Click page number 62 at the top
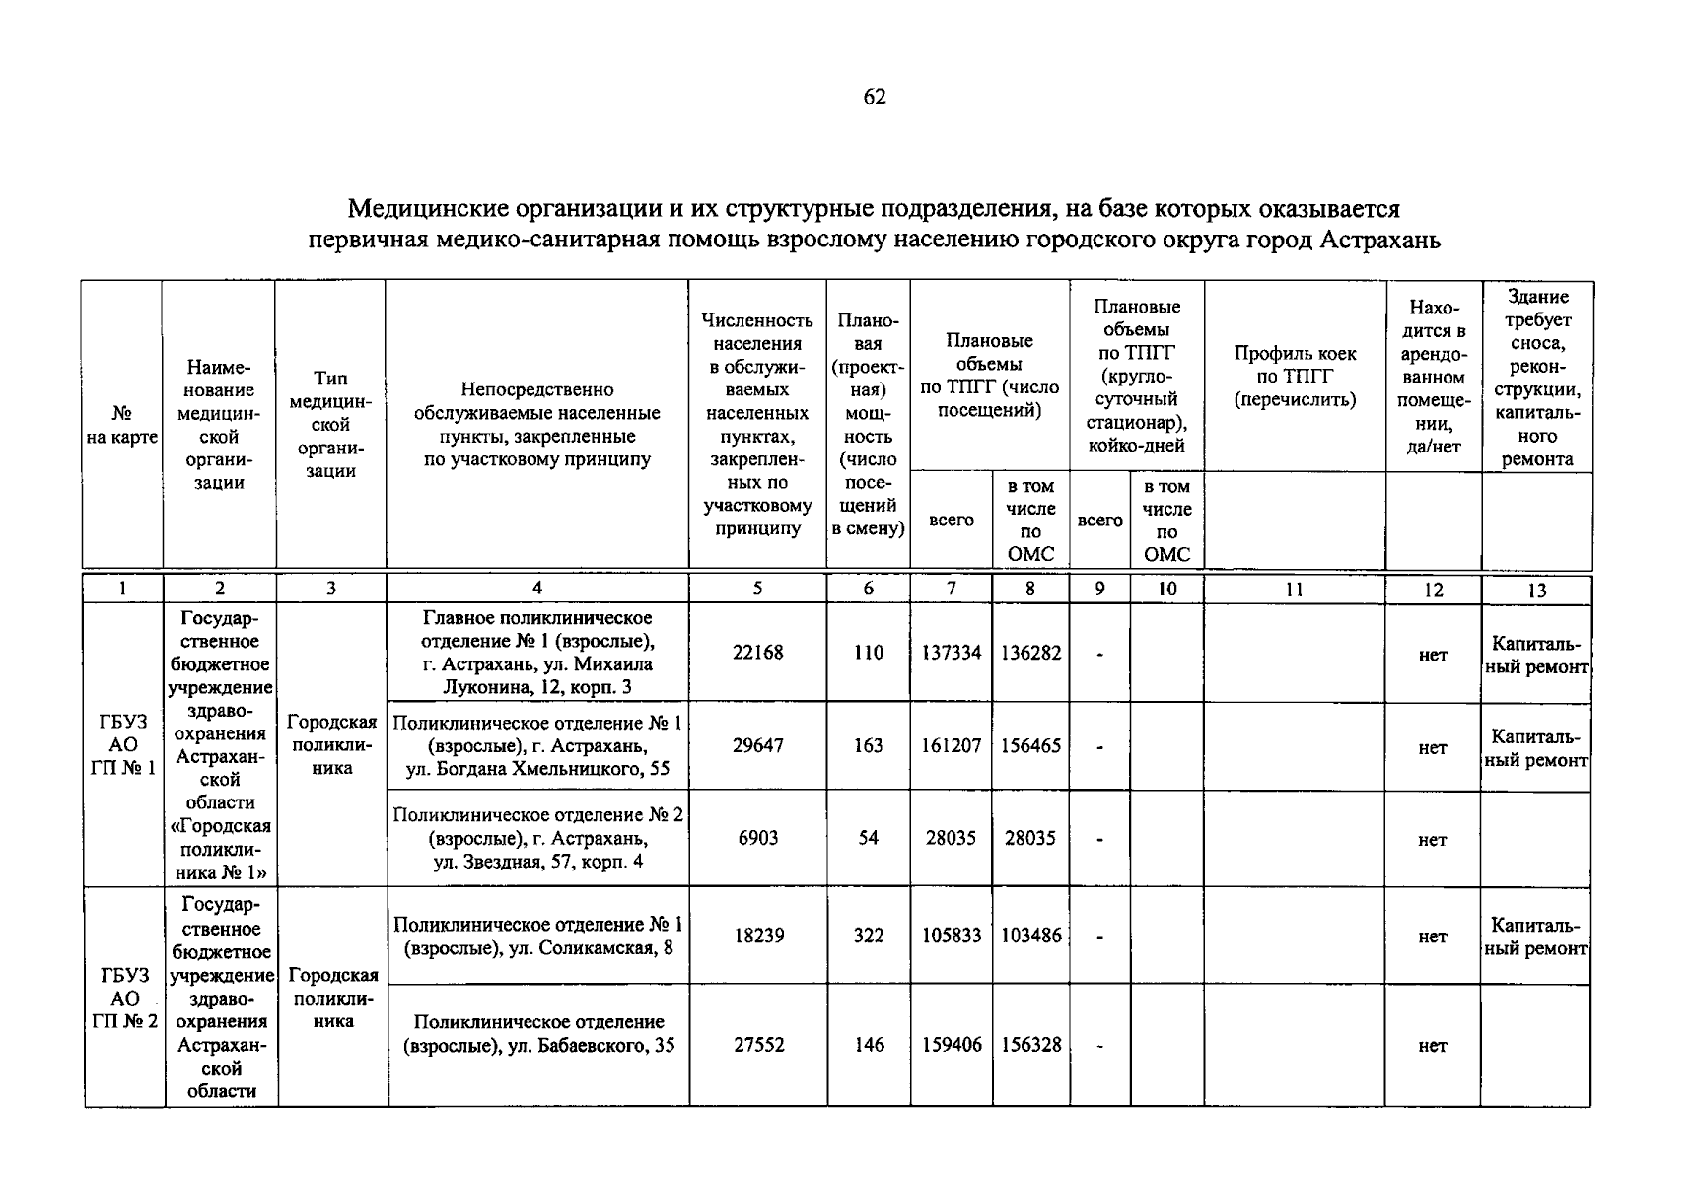point(874,97)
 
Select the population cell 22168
point(757,653)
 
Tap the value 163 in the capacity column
point(868,746)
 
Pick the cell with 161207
point(951,746)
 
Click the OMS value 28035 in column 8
point(1030,838)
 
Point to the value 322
point(868,936)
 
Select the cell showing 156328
point(1030,1045)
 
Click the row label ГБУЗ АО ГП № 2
point(124,998)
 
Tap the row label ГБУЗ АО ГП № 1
point(122,745)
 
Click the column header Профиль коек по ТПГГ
point(1295,377)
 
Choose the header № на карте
point(122,425)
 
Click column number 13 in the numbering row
point(1536,590)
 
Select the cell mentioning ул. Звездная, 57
point(538,838)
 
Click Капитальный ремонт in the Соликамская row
point(1535,937)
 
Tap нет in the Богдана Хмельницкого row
point(1432,748)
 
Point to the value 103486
point(1030,936)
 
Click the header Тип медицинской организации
point(330,425)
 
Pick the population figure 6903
point(757,838)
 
